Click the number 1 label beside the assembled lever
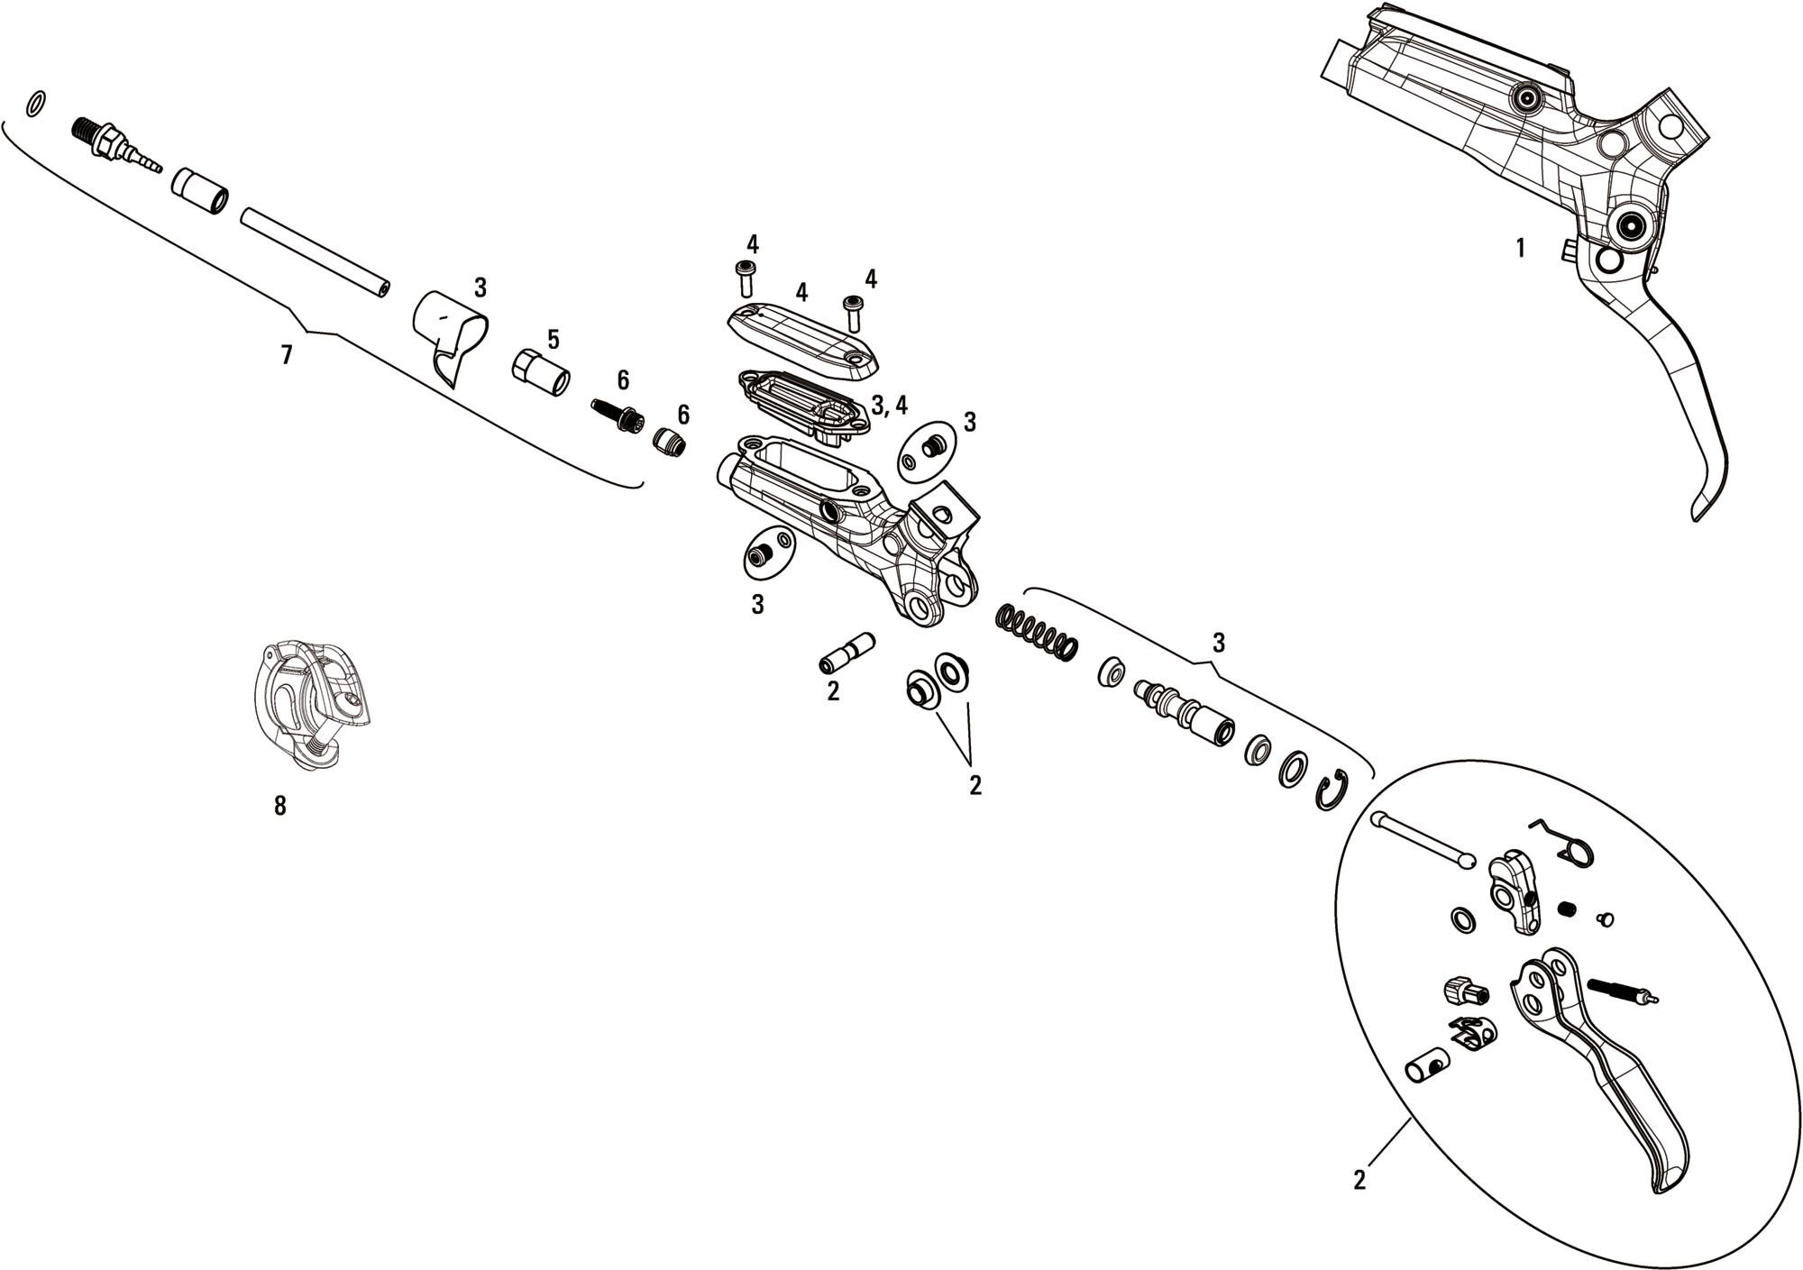(1521, 248)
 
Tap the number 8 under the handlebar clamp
(280, 806)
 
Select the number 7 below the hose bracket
(287, 355)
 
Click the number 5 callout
(554, 340)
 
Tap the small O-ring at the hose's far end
(35, 104)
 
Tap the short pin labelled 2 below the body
(847, 653)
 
